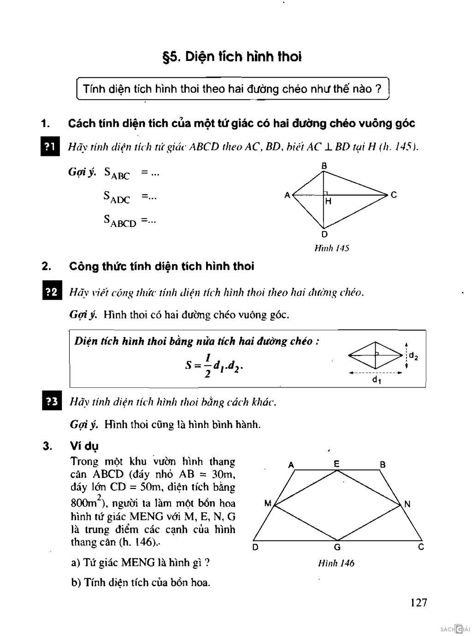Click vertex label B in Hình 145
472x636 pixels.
(x=324, y=166)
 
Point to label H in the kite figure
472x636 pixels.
(x=328, y=201)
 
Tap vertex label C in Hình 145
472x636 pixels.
(x=393, y=195)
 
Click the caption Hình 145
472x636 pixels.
(x=331, y=248)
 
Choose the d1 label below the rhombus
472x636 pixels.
(x=376, y=380)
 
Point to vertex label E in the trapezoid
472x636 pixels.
(x=337, y=464)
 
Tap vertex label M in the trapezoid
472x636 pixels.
(x=268, y=504)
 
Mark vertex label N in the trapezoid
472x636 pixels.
(x=407, y=504)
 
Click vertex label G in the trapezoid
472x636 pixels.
(x=337, y=547)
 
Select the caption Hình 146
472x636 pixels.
(x=336, y=563)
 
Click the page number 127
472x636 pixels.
(x=418, y=602)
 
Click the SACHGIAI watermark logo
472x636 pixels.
(x=454, y=629)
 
